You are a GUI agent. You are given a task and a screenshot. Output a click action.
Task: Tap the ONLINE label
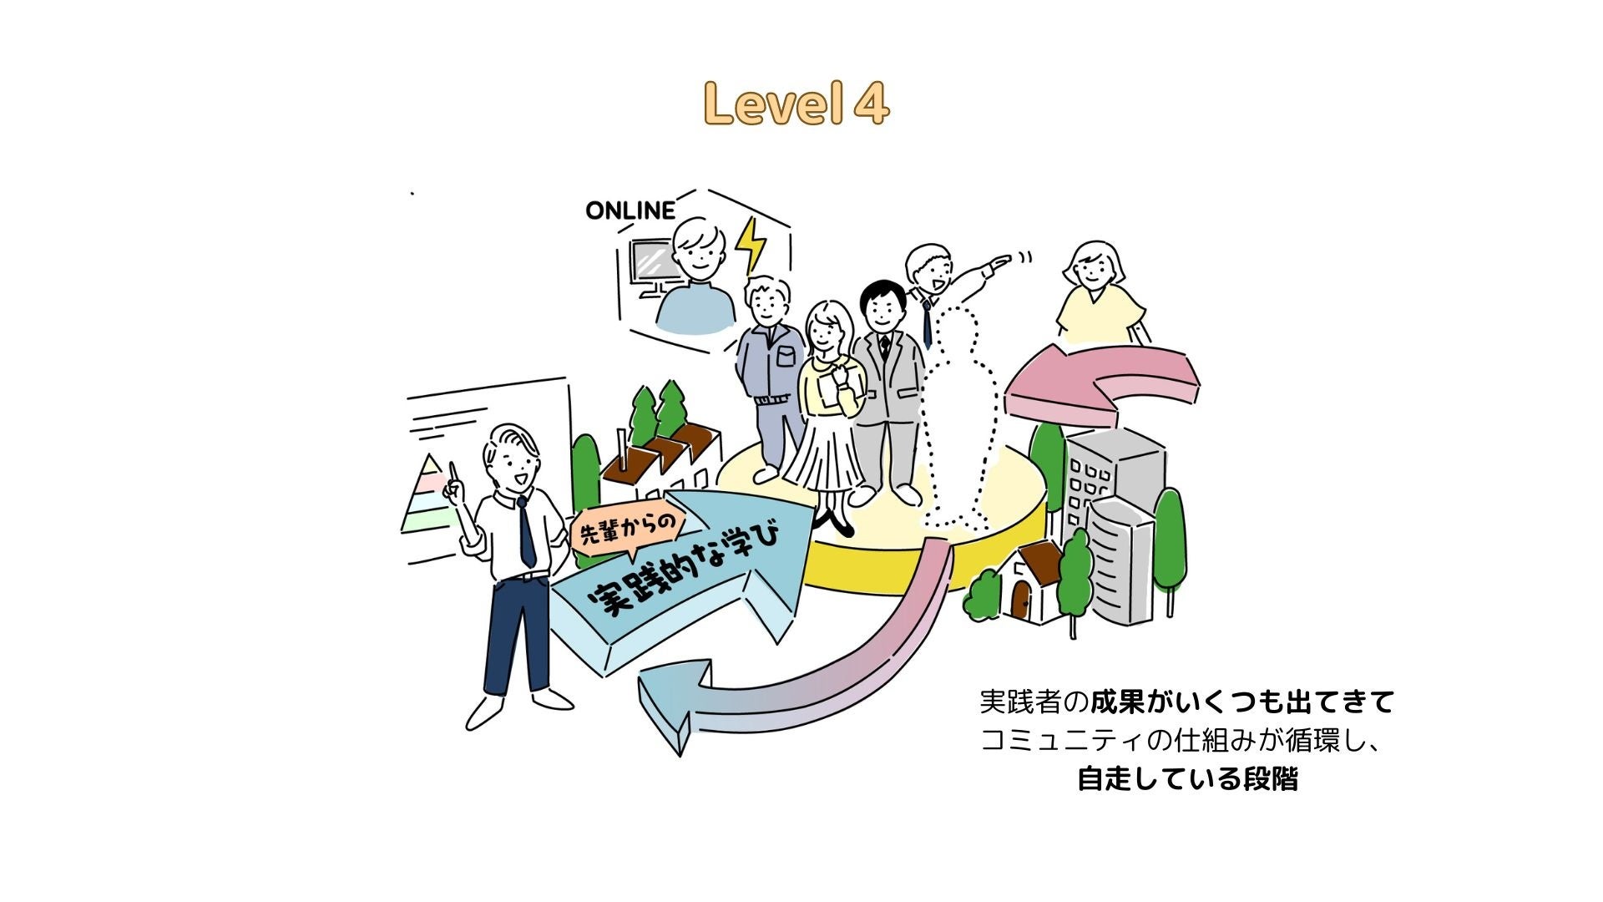pyautogui.click(x=630, y=210)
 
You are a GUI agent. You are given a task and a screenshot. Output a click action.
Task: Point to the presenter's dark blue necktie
pyautogui.click(x=526, y=531)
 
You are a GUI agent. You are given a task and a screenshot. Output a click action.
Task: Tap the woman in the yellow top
pyautogui.click(x=1095, y=296)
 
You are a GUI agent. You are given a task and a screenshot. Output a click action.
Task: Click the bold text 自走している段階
pyautogui.click(x=1187, y=779)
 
